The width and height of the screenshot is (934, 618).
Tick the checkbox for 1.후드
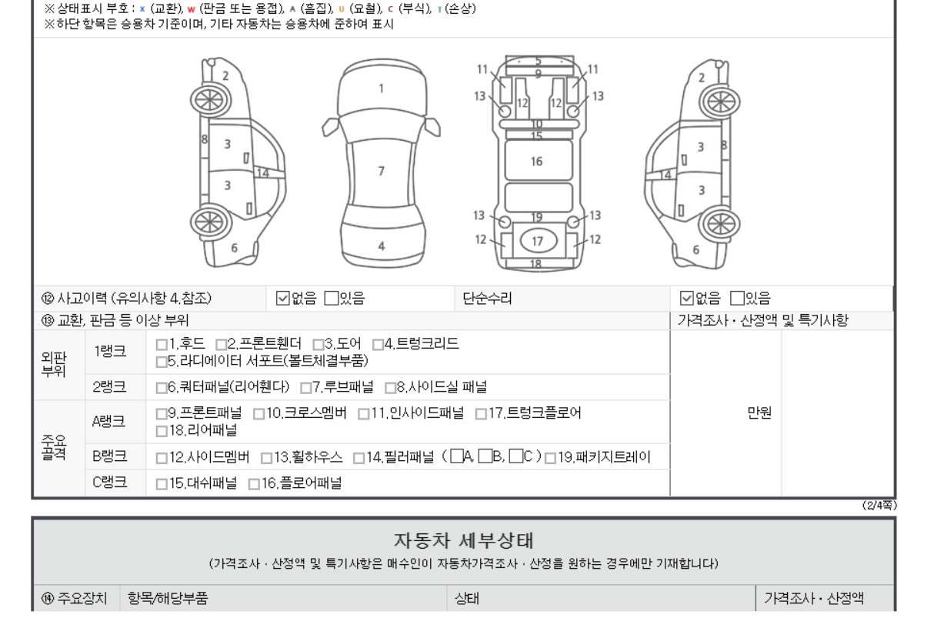(162, 345)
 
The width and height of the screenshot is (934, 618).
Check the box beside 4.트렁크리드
(378, 345)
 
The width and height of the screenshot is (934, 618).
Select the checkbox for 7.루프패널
(306, 388)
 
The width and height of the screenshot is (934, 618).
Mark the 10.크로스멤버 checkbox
(259, 414)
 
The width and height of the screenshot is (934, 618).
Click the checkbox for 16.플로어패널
(254, 484)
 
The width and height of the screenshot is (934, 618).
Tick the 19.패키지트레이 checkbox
(550, 458)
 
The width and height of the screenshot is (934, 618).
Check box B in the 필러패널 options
(485, 456)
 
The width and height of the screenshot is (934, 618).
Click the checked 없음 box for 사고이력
(282, 298)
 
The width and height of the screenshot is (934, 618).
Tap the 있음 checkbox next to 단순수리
(737, 298)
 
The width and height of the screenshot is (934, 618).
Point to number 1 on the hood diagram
(381, 89)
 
